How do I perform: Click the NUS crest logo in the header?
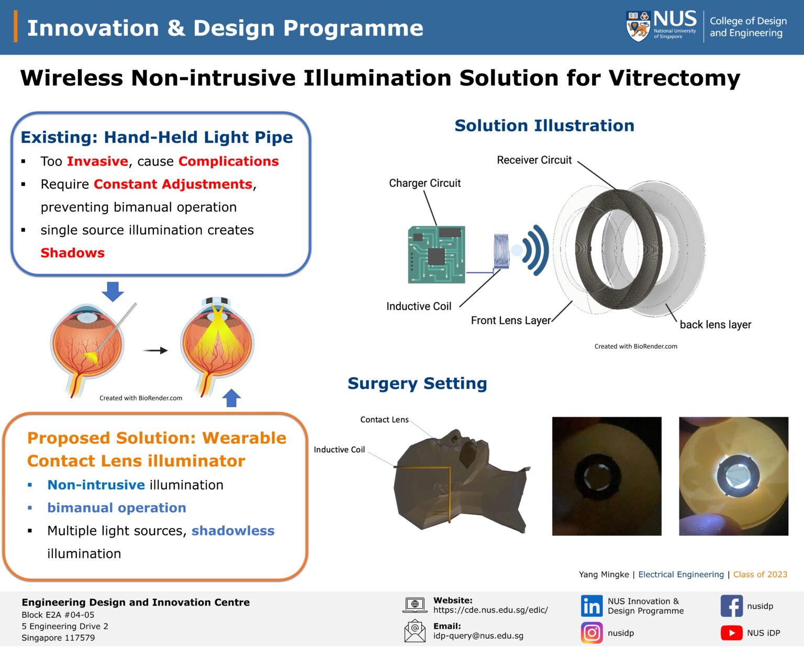(x=638, y=26)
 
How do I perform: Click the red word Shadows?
(x=73, y=253)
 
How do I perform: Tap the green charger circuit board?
(x=437, y=254)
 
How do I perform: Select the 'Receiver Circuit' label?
(x=534, y=160)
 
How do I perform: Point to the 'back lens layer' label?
(x=715, y=325)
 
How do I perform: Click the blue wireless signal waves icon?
(x=535, y=250)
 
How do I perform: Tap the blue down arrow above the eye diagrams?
(x=113, y=291)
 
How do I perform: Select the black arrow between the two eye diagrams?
(x=155, y=351)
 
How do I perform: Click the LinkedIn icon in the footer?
(x=591, y=606)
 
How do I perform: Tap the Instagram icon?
(x=591, y=633)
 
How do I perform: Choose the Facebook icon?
(x=731, y=606)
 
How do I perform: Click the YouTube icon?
(x=731, y=633)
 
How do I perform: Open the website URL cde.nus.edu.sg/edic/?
(x=490, y=610)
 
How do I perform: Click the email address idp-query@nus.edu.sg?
(x=478, y=636)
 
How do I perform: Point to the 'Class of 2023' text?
(x=760, y=574)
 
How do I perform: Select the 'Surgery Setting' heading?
(x=417, y=383)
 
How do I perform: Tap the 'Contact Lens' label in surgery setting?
(x=384, y=420)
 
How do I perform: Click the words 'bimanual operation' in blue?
(x=117, y=508)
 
